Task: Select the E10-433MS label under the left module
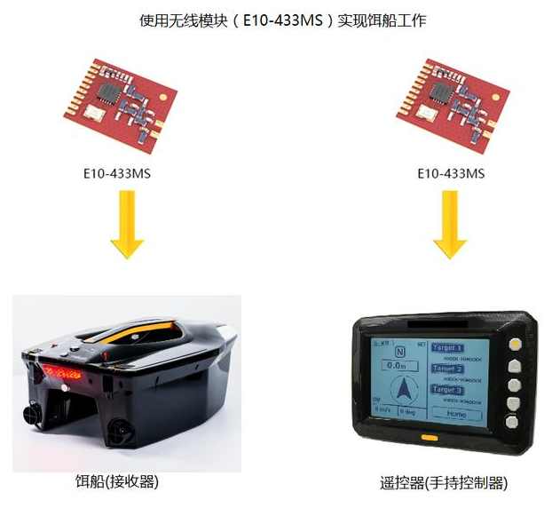pos(117,173)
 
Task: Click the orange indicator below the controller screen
pos(430,437)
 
